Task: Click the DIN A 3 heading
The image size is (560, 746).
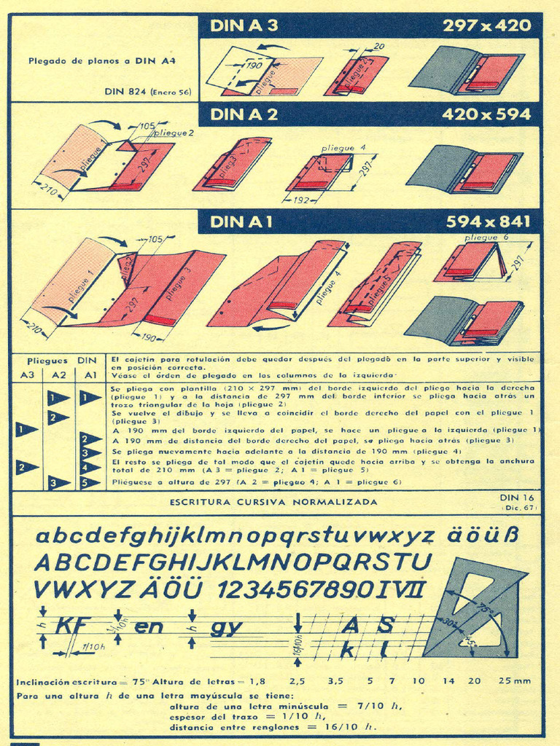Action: (x=244, y=26)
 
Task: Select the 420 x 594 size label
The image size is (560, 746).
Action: (x=486, y=115)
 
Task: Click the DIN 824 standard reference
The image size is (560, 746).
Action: (x=148, y=92)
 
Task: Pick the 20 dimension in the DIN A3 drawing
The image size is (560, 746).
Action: (x=378, y=47)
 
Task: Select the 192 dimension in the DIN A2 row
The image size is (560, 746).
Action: (x=301, y=199)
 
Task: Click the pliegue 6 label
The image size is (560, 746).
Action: (x=486, y=237)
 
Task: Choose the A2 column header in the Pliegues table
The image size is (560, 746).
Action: (x=55, y=374)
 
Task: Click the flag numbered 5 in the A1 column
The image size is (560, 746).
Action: (x=90, y=482)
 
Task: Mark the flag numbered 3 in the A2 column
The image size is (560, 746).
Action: (x=58, y=482)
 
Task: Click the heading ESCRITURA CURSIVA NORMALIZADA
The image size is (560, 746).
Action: (x=273, y=502)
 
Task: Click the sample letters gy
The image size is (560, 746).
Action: (x=226, y=627)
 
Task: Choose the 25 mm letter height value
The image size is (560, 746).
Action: (x=514, y=681)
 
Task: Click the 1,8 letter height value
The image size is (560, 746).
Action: (x=257, y=681)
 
